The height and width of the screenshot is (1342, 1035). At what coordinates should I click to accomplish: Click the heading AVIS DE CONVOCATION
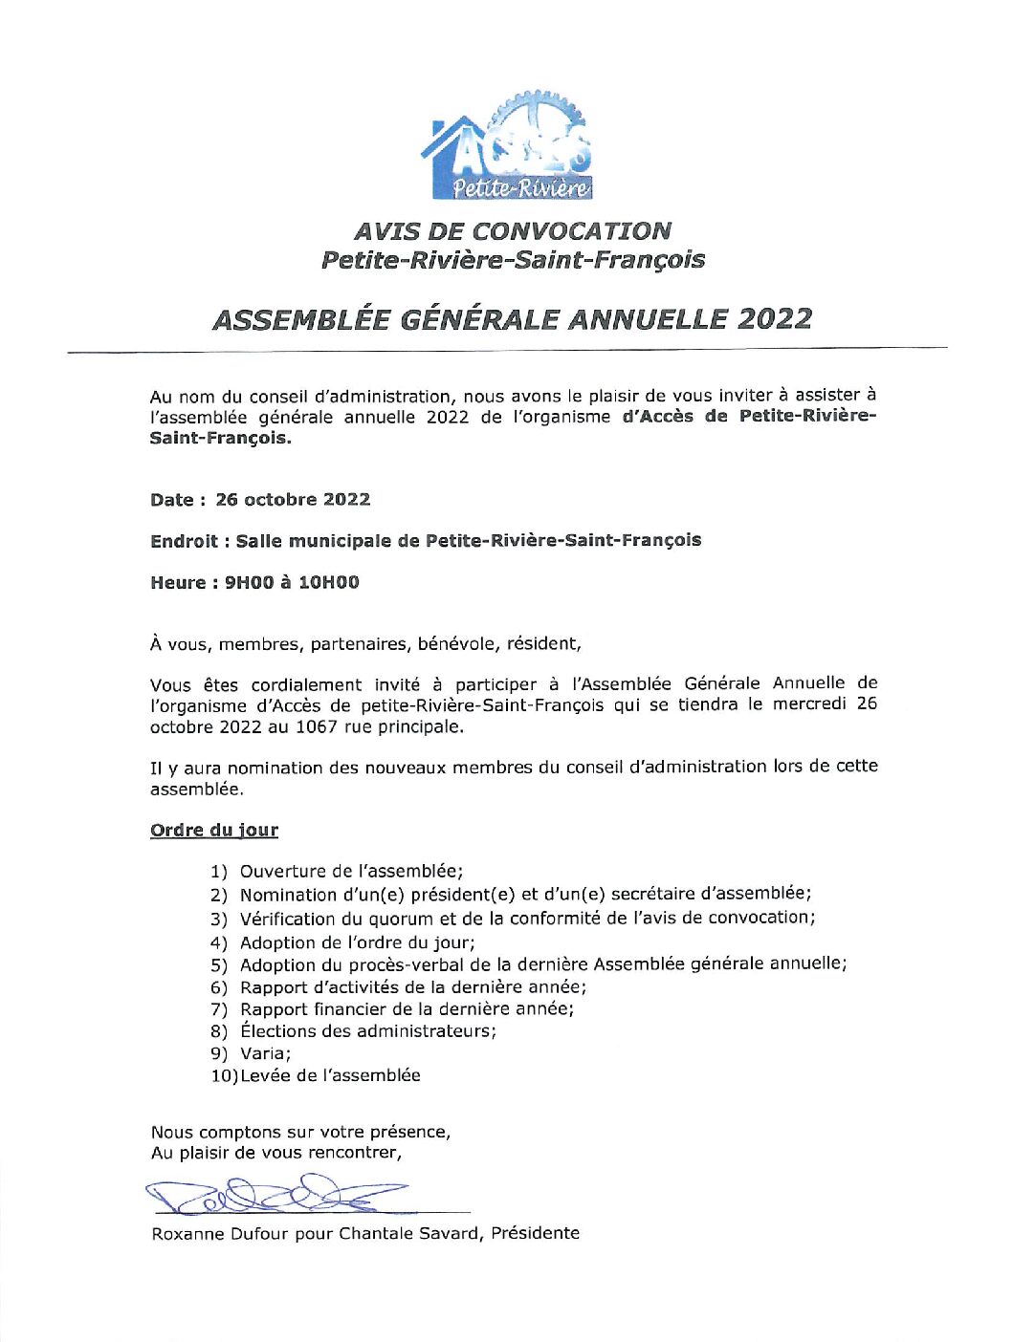(x=512, y=231)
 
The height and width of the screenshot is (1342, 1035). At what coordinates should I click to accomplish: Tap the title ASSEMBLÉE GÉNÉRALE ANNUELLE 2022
(x=512, y=318)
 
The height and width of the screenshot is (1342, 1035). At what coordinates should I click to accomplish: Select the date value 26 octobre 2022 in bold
(x=293, y=500)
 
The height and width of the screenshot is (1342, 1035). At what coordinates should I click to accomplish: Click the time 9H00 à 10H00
(x=292, y=582)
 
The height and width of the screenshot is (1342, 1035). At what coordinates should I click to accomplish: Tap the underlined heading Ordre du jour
(x=214, y=830)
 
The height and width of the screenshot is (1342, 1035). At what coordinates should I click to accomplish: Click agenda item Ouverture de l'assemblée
(x=351, y=872)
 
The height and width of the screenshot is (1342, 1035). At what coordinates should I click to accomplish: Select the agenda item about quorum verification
(x=527, y=918)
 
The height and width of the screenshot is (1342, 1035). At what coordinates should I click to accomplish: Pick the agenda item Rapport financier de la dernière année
(x=407, y=1008)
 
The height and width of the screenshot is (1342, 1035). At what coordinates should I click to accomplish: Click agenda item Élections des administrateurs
(x=368, y=1031)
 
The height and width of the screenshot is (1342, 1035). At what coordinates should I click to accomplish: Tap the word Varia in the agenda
(x=263, y=1053)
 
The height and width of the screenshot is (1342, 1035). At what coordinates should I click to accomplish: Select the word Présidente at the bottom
(x=536, y=1233)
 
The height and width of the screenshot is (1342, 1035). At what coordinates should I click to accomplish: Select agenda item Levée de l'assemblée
(x=330, y=1075)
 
